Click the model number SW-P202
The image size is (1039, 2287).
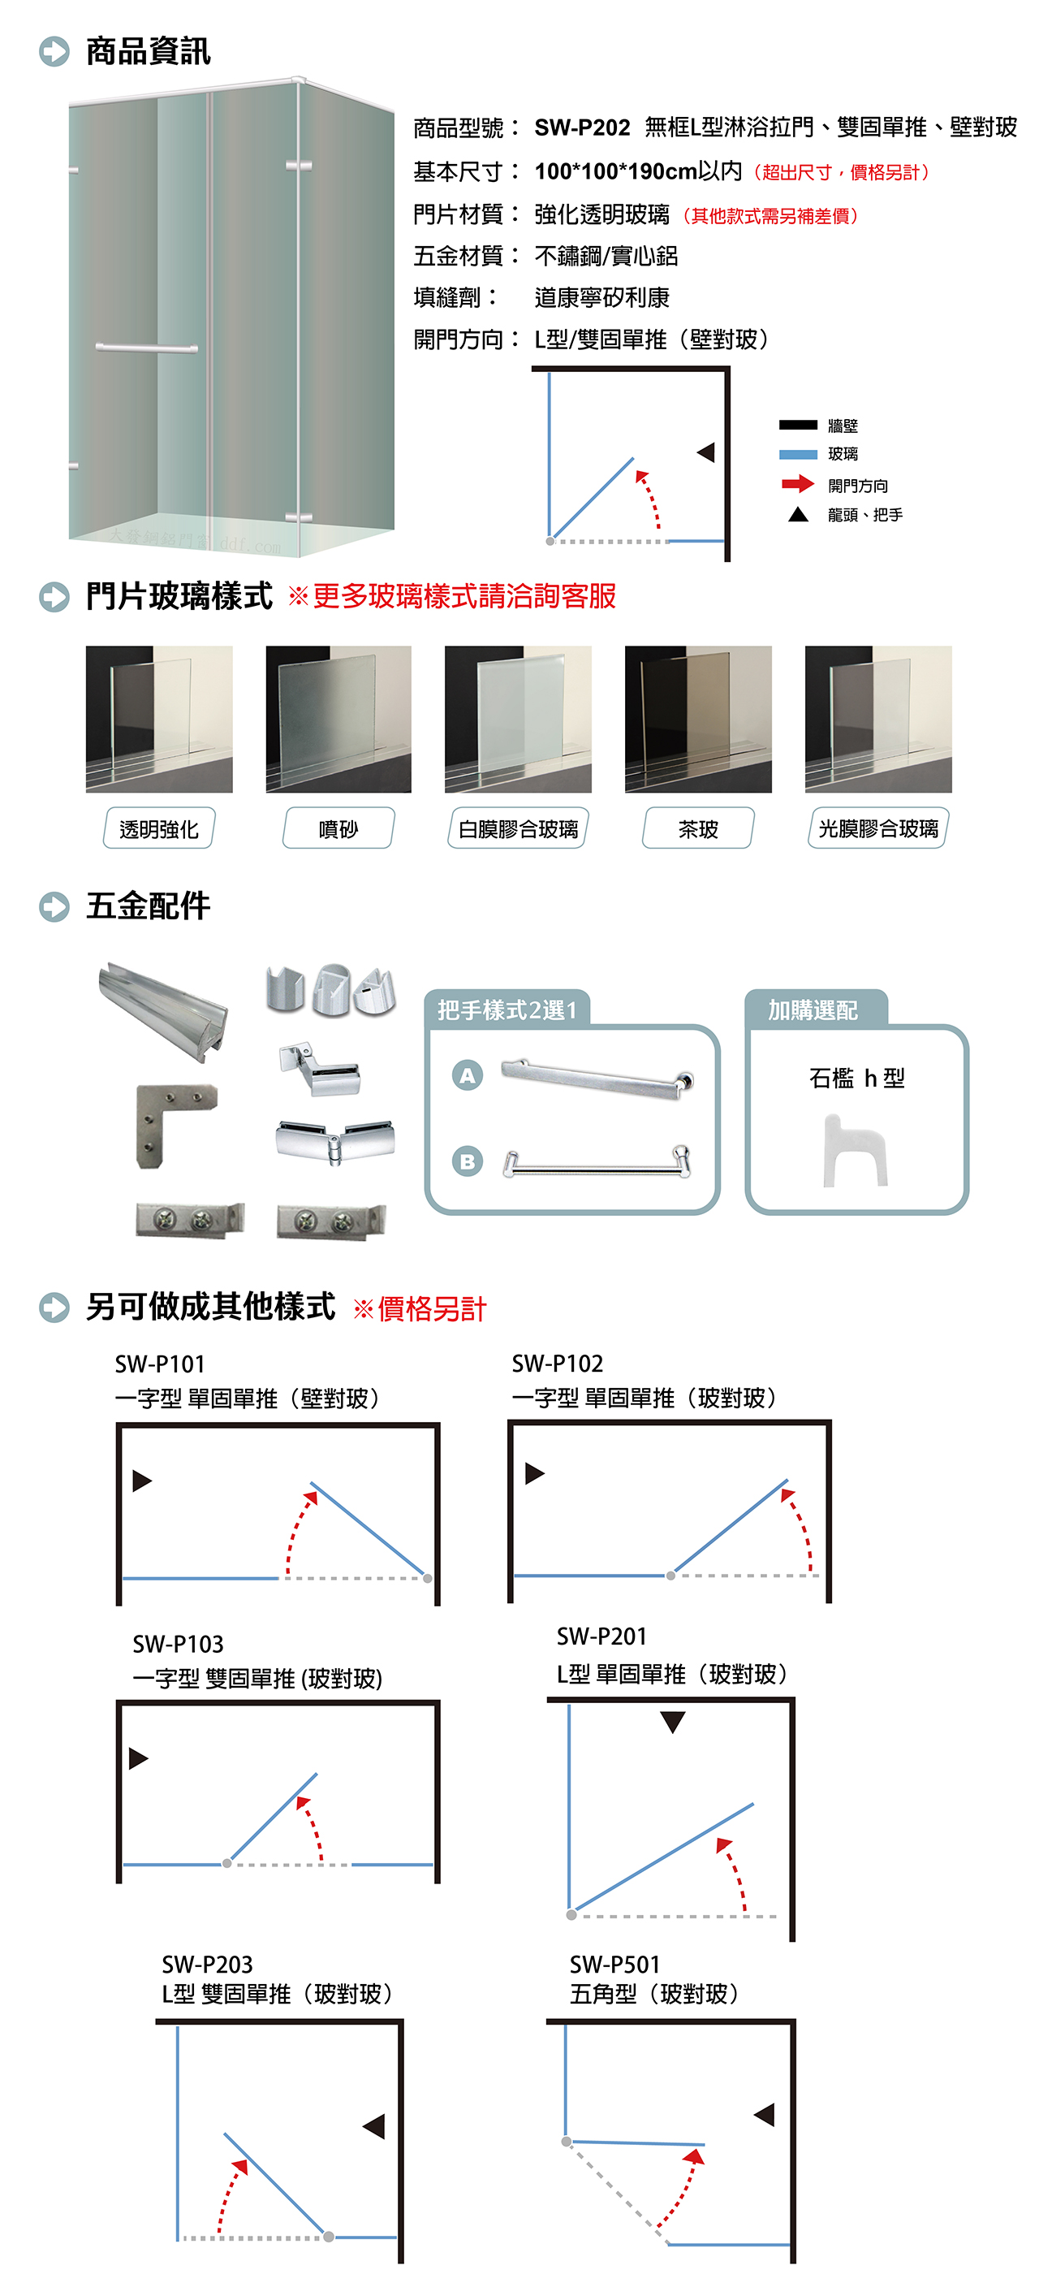pos(582,128)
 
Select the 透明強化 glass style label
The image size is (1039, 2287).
pos(159,828)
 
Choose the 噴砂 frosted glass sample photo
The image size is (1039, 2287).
pos(338,719)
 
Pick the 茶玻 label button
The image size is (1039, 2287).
pos(698,828)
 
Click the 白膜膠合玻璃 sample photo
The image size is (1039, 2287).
pos(518,719)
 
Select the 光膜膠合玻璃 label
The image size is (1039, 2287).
pos(878,828)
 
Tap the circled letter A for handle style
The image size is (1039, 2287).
pos(468,1075)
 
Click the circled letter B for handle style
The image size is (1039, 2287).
pos(468,1161)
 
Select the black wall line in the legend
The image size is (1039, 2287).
pos(798,425)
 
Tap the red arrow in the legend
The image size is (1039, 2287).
pos(798,484)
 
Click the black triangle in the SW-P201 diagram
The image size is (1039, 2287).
pos(674,1722)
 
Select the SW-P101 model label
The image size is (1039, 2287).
pos(160,1364)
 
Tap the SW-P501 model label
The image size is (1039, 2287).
pos(615,1964)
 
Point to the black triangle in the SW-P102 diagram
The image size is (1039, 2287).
pos(534,1474)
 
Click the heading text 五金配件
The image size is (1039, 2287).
pos(149,906)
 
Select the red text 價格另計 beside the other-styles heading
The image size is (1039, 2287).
pos(432,1308)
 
